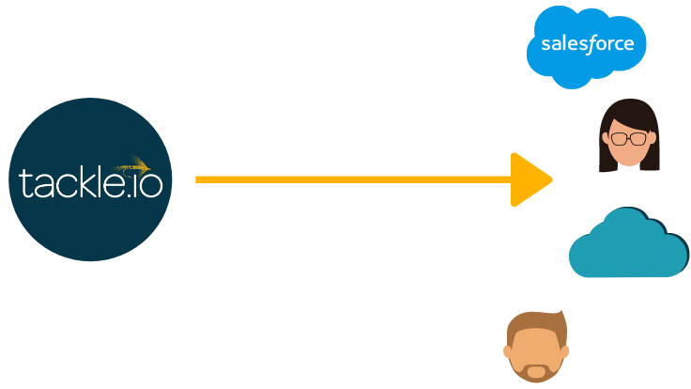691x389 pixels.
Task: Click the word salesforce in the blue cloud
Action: [587, 43]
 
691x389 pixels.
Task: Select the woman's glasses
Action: [628, 139]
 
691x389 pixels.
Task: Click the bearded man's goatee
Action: [535, 370]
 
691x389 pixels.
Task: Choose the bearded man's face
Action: [536, 350]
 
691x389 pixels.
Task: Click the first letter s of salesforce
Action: [545, 44]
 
